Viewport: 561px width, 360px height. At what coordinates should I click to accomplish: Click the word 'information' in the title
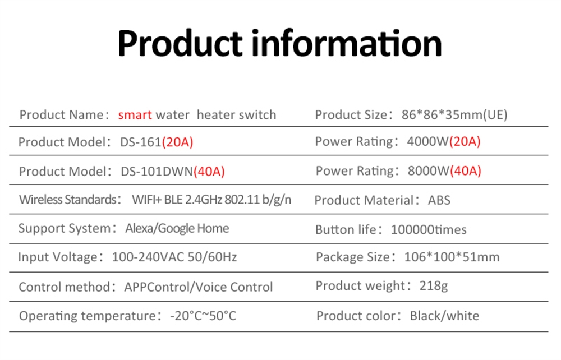coord(347,44)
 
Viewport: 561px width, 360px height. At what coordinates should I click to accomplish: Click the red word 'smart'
coord(135,115)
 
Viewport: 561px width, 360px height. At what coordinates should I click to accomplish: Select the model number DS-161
coord(141,142)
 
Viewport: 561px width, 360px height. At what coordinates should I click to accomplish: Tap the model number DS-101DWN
coord(157,171)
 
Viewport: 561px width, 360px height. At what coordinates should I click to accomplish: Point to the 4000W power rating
coord(427,141)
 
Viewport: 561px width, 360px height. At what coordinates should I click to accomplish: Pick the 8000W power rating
coord(428,170)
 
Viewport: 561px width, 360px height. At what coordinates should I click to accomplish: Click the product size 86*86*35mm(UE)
coord(454,115)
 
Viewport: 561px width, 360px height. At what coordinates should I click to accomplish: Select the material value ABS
coord(439,200)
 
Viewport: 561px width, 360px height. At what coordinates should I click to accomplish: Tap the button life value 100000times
coord(429,229)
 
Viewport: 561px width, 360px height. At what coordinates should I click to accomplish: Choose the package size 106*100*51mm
coord(452,257)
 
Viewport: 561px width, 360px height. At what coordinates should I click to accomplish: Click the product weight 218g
coord(434,286)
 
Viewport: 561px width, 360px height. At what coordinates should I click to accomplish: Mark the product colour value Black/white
coord(444,316)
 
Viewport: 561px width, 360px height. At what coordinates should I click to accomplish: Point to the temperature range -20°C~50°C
coord(203,316)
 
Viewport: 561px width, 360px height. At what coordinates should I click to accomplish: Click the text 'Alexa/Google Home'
coord(177,228)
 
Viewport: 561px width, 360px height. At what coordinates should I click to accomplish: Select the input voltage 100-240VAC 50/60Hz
coord(174,257)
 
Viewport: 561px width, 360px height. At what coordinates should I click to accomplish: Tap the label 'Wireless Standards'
coord(68,200)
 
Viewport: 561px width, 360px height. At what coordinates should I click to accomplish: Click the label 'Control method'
coord(65,287)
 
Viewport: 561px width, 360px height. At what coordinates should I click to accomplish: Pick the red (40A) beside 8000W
coord(466,170)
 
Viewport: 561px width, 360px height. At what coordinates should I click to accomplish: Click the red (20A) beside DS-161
coord(177,142)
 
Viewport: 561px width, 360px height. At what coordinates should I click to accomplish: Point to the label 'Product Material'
coord(364,200)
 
